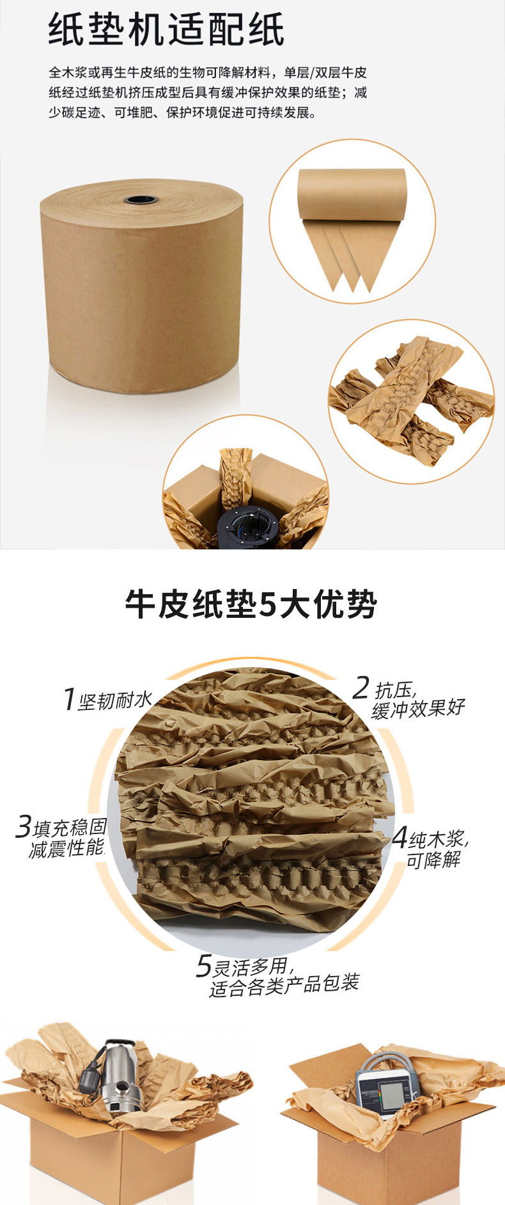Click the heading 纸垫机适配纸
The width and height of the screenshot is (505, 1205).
(x=166, y=30)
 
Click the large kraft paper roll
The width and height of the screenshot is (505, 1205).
(x=141, y=286)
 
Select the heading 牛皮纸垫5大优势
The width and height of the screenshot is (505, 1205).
(x=251, y=604)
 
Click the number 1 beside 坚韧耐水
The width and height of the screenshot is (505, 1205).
(x=69, y=699)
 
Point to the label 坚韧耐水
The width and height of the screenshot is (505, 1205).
(x=115, y=701)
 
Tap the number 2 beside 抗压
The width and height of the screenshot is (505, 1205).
(x=361, y=688)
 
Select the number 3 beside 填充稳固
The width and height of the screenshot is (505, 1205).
(x=24, y=826)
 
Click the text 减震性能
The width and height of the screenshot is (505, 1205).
(x=66, y=849)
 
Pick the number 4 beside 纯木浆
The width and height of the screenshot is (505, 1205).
(x=400, y=837)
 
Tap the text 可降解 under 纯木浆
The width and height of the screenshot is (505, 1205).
(x=433, y=860)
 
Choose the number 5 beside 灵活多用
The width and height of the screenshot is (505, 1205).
(x=203, y=966)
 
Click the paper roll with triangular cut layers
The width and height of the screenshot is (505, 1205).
(x=352, y=224)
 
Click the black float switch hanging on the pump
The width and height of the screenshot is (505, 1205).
(x=89, y=1076)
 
